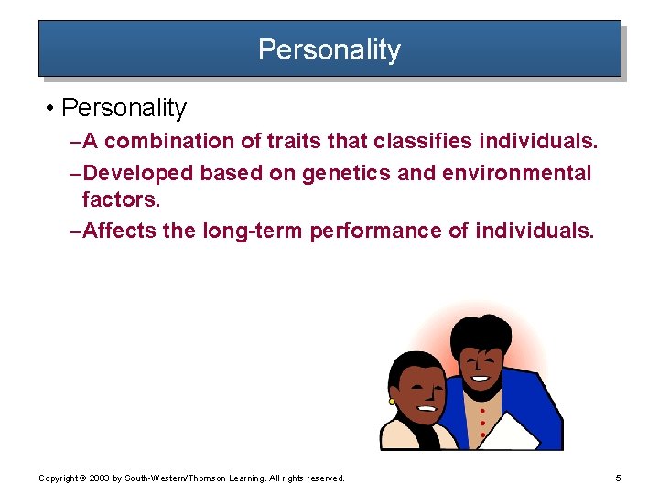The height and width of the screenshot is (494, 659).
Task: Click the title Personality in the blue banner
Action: [x=329, y=48]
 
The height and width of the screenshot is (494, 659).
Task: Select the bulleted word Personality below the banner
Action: [x=124, y=108]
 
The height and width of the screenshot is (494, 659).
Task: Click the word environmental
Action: [x=512, y=173]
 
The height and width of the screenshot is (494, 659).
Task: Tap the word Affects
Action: [x=119, y=231]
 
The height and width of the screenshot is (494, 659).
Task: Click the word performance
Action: [x=376, y=231]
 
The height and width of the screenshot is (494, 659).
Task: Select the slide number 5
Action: [x=619, y=478]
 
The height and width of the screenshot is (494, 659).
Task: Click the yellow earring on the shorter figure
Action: [x=392, y=401]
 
